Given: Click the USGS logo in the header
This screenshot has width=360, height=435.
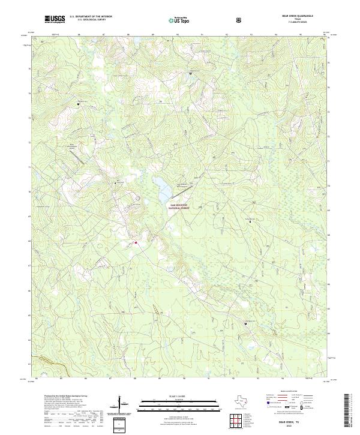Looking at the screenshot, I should [x=55, y=19].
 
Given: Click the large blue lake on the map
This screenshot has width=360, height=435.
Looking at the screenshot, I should [x=162, y=191].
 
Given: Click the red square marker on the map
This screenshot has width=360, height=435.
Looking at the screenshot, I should [x=136, y=242].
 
